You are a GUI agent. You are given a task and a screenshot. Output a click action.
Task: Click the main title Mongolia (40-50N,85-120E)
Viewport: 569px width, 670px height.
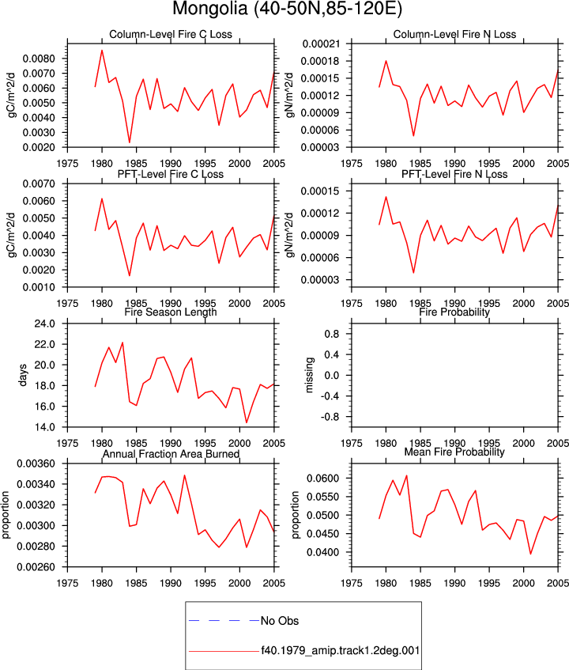288,9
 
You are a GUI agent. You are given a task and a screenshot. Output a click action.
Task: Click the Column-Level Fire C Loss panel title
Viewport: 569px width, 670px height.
171,34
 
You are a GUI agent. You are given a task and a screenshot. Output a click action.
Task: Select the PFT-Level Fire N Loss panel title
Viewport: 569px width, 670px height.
454,174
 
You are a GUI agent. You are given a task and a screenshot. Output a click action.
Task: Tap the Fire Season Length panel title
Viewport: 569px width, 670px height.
171,312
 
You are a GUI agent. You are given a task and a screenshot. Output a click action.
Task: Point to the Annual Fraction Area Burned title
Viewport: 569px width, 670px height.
171,454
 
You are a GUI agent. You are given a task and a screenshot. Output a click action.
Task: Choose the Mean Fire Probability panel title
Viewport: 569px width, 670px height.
454,452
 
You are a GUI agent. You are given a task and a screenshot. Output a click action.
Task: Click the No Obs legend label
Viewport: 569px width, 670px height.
280,621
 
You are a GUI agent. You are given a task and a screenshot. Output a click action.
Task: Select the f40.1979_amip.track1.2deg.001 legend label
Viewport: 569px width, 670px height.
340,651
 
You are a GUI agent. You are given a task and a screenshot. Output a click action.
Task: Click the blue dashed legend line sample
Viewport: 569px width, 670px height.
224,620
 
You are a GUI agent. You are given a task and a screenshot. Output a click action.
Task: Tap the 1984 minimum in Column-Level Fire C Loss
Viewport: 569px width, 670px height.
130,142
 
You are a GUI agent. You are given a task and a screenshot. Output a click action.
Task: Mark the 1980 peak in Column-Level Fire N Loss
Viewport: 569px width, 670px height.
386,61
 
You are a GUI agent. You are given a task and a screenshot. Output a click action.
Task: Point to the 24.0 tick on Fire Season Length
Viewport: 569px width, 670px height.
45,324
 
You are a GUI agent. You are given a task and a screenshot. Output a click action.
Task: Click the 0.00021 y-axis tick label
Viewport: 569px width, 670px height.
322,44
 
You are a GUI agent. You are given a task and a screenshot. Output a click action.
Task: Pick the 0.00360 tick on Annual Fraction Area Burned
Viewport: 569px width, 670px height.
36,464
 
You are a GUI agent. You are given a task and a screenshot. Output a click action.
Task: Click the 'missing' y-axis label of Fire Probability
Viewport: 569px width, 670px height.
309,375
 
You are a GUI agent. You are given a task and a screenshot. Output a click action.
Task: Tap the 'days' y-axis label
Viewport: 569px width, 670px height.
23,375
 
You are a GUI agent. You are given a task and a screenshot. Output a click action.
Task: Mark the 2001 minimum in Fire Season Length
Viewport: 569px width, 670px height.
247,422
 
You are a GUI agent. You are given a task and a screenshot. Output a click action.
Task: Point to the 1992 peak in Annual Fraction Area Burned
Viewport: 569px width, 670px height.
184,475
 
